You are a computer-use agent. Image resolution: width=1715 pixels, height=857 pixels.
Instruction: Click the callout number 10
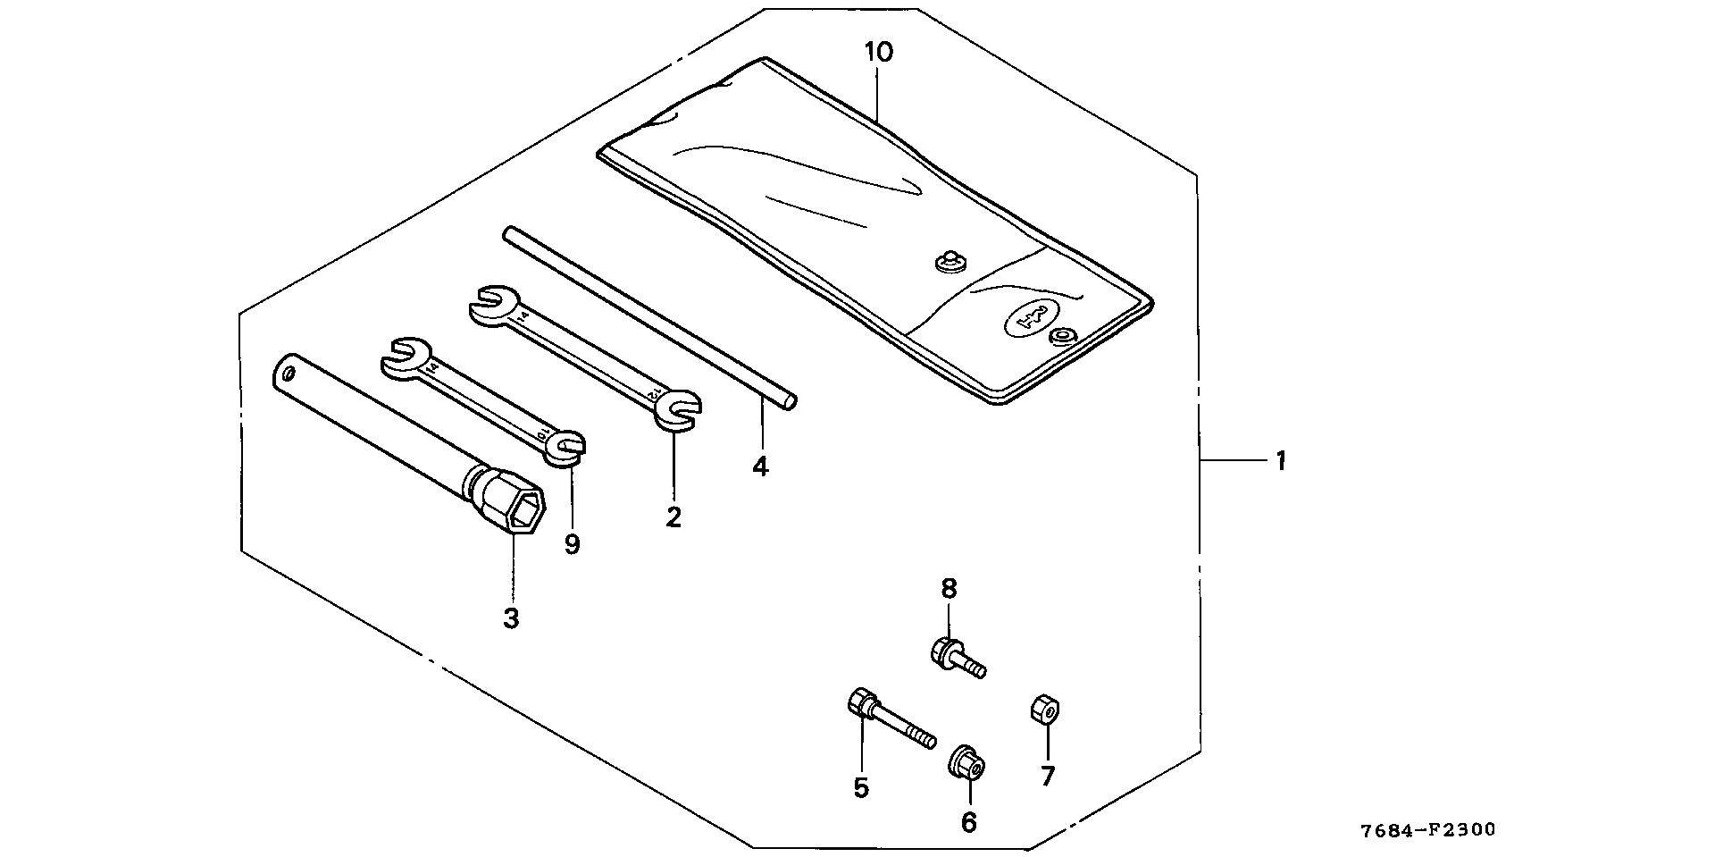pyautogui.click(x=879, y=53)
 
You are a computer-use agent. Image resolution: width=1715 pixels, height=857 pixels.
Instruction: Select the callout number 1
pyautogui.click(x=1280, y=462)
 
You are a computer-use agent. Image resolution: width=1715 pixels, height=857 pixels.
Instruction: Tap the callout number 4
pyautogui.click(x=760, y=466)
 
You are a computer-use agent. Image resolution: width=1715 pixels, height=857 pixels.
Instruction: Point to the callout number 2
pyautogui.click(x=673, y=517)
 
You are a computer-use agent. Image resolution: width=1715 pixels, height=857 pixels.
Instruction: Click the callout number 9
pyautogui.click(x=573, y=544)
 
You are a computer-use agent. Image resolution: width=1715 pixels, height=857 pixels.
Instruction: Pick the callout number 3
pyautogui.click(x=511, y=618)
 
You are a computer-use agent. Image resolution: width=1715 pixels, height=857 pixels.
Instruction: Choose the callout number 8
pyautogui.click(x=949, y=589)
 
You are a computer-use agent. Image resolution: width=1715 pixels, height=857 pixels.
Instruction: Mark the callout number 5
pyautogui.click(x=861, y=788)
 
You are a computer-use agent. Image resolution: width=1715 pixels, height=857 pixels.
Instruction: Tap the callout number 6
pyautogui.click(x=969, y=821)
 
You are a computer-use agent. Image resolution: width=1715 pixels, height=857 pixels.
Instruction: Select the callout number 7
pyautogui.click(x=1048, y=776)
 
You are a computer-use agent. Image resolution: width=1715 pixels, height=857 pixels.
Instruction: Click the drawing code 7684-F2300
pyautogui.click(x=1427, y=831)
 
